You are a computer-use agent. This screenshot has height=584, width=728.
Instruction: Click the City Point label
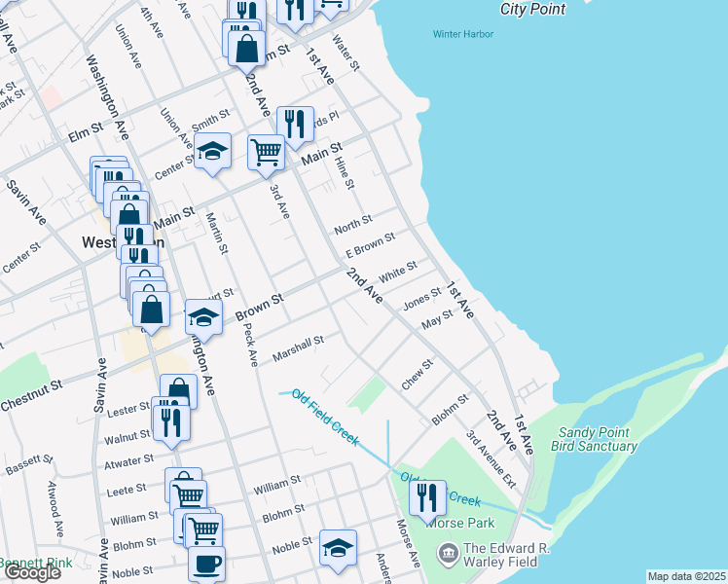(x=531, y=9)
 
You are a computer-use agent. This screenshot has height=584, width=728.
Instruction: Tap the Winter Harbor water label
(x=462, y=34)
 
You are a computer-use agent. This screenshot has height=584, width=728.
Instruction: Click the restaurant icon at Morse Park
(x=427, y=498)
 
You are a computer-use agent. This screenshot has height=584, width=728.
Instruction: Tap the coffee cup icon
(x=205, y=563)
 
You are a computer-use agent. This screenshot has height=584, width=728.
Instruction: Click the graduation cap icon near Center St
(x=212, y=151)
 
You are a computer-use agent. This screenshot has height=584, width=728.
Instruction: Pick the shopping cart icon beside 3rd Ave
(x=266, y=152)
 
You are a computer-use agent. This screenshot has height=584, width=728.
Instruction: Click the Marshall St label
(x=298, y=344)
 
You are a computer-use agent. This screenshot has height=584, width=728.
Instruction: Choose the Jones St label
(x=422, y=299)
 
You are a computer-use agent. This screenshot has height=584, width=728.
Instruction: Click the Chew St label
(x=417, y=375)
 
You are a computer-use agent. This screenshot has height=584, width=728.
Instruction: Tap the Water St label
(x=346, y=54)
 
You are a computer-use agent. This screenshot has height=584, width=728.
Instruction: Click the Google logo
(x=31, y=572)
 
